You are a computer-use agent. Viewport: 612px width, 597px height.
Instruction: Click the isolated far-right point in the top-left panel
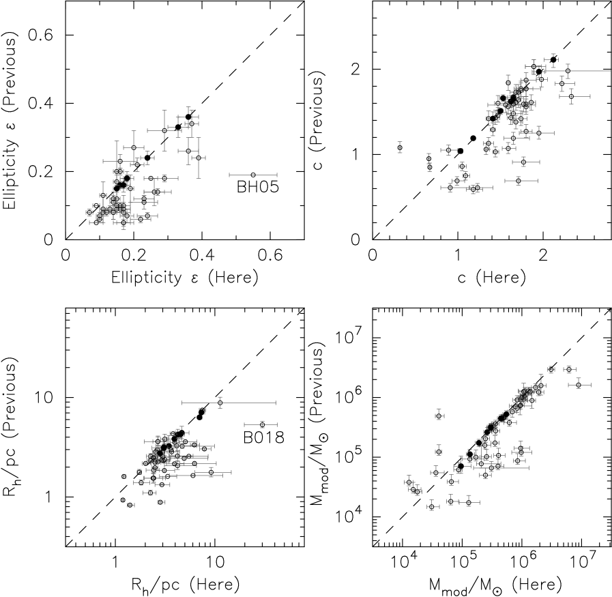(253, 175)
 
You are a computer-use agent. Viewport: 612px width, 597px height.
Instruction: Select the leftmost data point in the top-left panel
(89, 212)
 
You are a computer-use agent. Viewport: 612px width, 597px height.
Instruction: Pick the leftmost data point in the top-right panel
(400, 147)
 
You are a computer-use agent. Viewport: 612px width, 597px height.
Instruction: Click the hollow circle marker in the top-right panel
(461, 151)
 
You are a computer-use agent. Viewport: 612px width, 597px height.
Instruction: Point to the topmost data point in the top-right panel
(553, 57)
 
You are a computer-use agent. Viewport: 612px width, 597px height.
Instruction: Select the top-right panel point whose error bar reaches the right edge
(568, 71)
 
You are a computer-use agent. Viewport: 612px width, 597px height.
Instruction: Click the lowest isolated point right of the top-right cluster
(519, 181)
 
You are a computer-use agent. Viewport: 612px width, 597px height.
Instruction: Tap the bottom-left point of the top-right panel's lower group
(450, 187)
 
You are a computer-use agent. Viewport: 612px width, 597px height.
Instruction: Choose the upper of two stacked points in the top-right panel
(429, 158)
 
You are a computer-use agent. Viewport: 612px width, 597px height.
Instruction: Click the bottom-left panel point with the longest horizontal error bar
(220, 403)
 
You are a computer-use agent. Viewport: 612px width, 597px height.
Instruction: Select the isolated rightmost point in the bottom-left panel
(262, 425)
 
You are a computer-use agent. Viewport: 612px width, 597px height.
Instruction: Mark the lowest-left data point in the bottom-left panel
(123, 500)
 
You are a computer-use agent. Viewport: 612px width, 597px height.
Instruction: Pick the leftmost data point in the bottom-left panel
(123, 477)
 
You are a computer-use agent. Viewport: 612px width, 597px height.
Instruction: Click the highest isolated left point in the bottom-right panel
(439, 415)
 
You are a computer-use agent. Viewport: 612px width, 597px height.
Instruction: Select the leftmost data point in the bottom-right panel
(409, 482)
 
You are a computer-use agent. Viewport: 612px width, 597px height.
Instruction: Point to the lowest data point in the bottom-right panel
(433, 506)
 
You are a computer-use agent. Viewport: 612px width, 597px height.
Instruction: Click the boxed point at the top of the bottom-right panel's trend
(551, 370)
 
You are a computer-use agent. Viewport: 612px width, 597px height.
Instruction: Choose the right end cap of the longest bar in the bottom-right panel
(529, 468)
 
